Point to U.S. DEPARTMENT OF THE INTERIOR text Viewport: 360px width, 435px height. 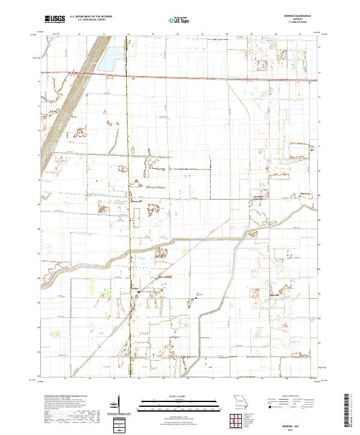(91, 17)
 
